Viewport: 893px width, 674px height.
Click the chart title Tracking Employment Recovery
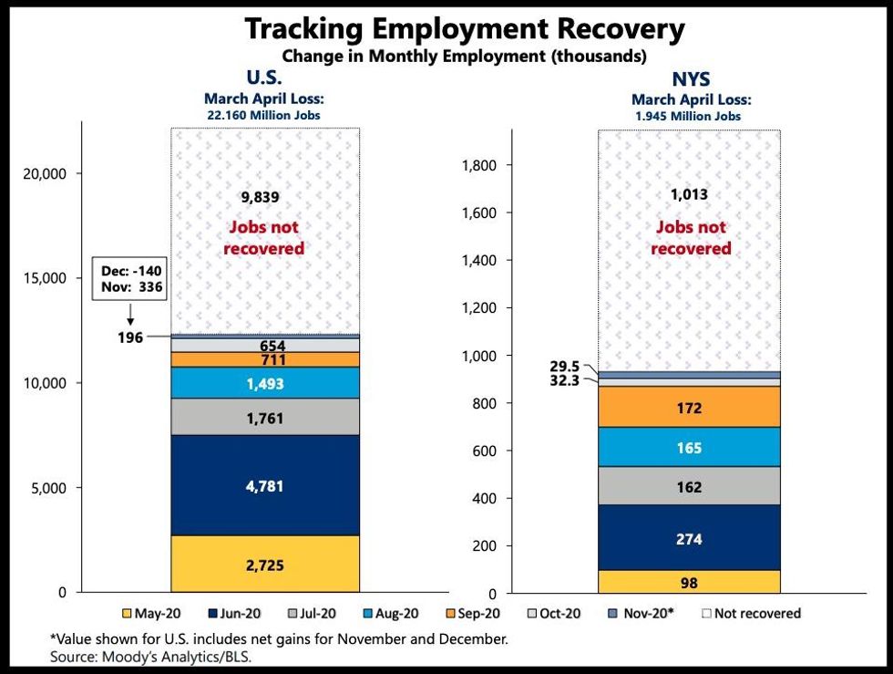coord(464,29)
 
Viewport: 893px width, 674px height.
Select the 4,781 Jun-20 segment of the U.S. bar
coord(265,485)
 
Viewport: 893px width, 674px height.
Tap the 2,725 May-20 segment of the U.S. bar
coord(265,565)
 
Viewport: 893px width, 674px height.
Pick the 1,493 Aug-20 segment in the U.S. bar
coord(265,384)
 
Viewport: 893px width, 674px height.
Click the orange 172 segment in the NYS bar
coord(689,408)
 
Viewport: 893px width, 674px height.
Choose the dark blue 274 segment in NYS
coord(689,539)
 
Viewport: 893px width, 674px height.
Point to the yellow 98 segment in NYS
coord(689,582)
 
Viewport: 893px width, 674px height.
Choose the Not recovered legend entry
coord(751,614)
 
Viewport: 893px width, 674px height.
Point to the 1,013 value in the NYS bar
coord(689,194)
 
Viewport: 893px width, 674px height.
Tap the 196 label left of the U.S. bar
coord(132,337)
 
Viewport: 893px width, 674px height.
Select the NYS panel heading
coord(691,78)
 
